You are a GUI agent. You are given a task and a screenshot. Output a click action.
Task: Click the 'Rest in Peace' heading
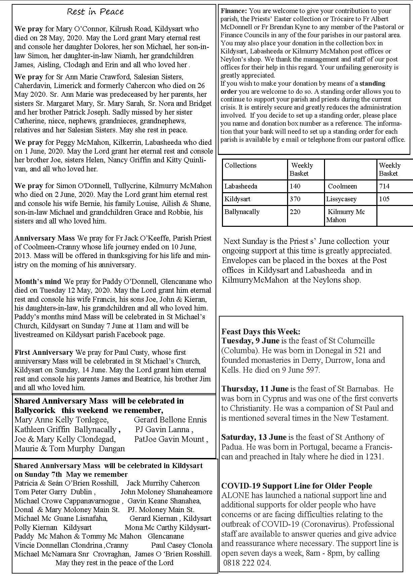click(x=95, y=12)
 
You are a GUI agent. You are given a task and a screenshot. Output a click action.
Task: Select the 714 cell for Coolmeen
click(x=384, y=186)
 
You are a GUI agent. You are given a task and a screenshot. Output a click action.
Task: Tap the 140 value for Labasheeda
click(x=295, y=186)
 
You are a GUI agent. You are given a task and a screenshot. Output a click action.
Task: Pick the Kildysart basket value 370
click(x=295, y=199)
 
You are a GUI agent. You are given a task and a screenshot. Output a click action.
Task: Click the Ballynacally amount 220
click(x=295, y=212)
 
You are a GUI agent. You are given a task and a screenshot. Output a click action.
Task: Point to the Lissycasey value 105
click(x=384, y=199)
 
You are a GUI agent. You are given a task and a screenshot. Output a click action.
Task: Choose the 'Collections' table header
click(x=240, y=165)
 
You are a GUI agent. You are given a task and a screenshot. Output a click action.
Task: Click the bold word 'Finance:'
click(x=234, y=11)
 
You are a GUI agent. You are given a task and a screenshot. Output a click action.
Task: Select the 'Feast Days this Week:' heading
click(x=261, y=332)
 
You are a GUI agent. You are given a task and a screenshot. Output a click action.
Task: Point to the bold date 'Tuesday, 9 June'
click(x=250, y=341)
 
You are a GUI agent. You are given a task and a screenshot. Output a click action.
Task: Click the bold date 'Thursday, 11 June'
click(x=255, y=389)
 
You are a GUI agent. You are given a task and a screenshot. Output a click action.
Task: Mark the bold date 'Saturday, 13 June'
click(x=254, y=437)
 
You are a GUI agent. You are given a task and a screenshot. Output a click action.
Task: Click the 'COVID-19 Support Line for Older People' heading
click(x=297, y=486)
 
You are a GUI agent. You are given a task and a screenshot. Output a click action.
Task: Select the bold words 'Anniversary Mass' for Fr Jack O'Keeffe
click(x=45, y=238)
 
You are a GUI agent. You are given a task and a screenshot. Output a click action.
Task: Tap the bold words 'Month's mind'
click(x=38, y=282)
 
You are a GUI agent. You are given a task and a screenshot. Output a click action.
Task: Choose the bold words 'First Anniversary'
click(x=44, y=352)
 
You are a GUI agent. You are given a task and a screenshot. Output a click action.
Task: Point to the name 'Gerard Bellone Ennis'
click(x=170, y=420)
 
